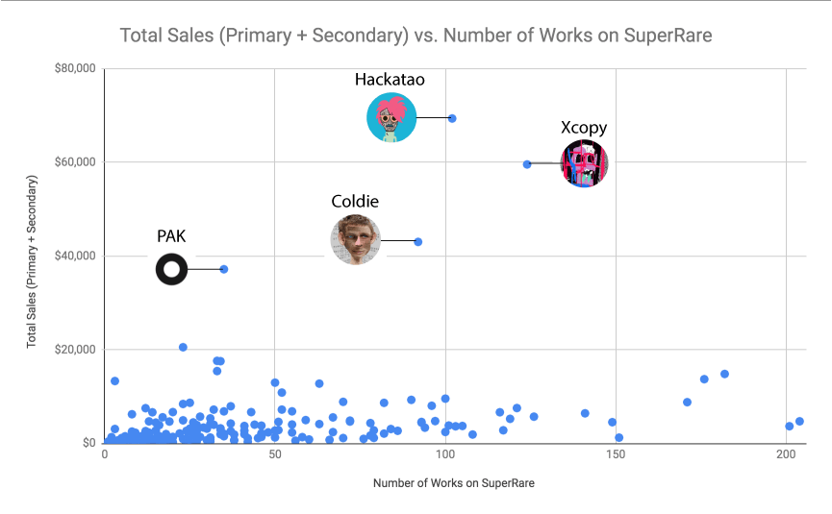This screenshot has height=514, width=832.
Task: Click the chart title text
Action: point(416,36)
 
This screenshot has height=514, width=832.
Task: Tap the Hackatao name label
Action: point(390,80)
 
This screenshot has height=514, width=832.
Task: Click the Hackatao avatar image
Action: point(391,118)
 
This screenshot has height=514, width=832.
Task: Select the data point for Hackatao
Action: point(452,118)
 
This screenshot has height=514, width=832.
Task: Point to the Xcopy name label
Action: point(584,128)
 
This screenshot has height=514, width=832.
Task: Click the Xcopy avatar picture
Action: point(584,163)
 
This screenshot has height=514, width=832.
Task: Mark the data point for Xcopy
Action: point(527,164)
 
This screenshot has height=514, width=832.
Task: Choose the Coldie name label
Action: point(355,202)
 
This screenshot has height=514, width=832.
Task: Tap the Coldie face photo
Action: point(356,240)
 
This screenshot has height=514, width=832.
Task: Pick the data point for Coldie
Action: point(418,241)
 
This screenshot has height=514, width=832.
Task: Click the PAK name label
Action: point(171,236)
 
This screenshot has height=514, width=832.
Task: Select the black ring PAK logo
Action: point(171,270)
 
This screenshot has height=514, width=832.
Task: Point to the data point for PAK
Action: point(224,269)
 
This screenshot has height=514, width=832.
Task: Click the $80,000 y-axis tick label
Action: point(74,68)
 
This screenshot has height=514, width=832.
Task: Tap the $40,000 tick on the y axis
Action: point(74,256)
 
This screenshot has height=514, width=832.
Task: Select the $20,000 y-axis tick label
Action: point(74,349)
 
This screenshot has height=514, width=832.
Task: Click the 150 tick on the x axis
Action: point(615,453)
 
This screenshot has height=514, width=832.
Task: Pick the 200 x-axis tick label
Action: point(785,453)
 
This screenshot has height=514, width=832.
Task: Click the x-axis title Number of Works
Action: point(453,483)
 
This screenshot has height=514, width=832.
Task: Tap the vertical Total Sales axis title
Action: point(32,255)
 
